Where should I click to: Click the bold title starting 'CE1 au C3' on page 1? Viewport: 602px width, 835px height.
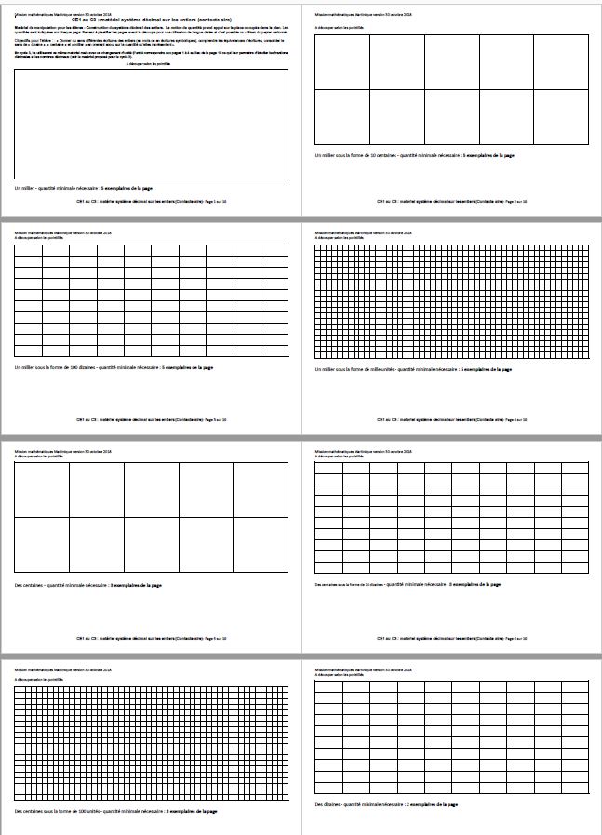(151, 19)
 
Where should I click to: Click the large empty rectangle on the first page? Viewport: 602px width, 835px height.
(151, 125)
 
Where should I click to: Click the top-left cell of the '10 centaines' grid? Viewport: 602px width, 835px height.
(341, 61)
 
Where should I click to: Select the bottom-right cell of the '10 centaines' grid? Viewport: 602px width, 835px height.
(561, 116)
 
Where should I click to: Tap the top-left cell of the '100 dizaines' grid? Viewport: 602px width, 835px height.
(28, 250)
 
